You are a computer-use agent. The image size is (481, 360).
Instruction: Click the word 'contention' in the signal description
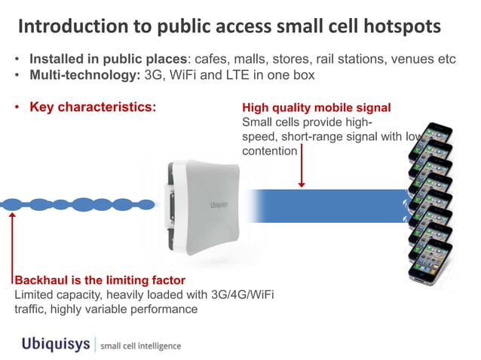[x=269, y=151]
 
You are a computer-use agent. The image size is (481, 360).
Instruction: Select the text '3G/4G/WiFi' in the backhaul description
[x=243, y=294]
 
